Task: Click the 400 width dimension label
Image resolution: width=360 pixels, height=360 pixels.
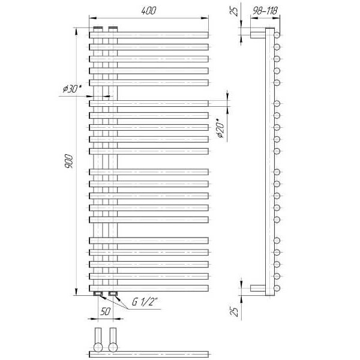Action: [149, 11]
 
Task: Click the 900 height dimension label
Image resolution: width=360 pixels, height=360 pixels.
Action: [69, 161]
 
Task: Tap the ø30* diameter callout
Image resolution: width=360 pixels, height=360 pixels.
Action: [73, 89]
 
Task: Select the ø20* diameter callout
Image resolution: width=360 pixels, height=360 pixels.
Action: [221, 128]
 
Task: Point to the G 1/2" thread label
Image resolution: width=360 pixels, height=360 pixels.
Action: [145, 302]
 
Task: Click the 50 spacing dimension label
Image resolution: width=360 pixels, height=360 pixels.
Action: [106, 311]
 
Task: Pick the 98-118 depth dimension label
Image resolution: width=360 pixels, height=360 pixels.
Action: [265, 11]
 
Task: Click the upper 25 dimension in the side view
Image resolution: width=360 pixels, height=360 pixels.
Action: [234, 11]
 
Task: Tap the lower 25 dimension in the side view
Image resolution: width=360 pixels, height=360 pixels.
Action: [234, 311]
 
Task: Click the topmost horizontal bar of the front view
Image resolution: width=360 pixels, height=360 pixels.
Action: [149, 35]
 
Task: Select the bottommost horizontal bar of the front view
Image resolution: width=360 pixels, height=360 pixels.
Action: [149, 288]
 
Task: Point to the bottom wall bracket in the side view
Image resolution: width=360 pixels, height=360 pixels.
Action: [258, 288]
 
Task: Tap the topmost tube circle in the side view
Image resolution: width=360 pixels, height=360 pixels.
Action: [277, 35]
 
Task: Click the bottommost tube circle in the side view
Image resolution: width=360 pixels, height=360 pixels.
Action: [277, 288]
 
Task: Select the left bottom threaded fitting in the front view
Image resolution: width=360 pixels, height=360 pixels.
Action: [98, 293]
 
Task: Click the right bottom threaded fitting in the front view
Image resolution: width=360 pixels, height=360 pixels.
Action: [113, 293]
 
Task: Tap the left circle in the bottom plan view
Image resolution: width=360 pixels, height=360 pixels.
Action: [98, 347]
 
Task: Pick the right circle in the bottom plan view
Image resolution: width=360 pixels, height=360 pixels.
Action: [113, 347]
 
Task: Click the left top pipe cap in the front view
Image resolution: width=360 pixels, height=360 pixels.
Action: [98, 29]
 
